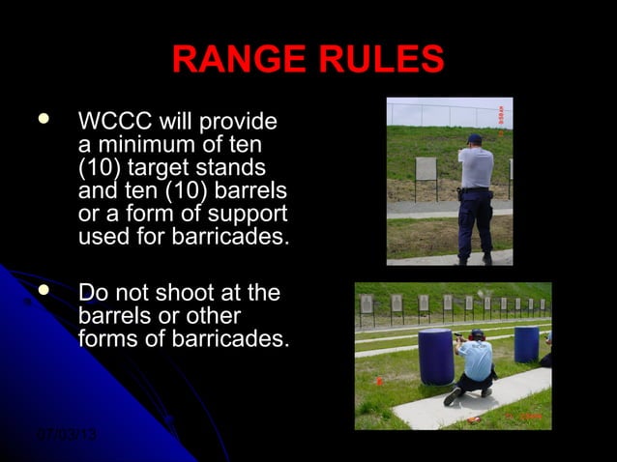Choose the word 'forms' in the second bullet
pyautogui.click(x=108, y=338)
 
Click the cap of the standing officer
pyautogui.click(x=473, y=138)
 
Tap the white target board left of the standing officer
pyautogui.click(x=426, y=169)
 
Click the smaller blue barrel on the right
pyautogui.click(x=526, y=343)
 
